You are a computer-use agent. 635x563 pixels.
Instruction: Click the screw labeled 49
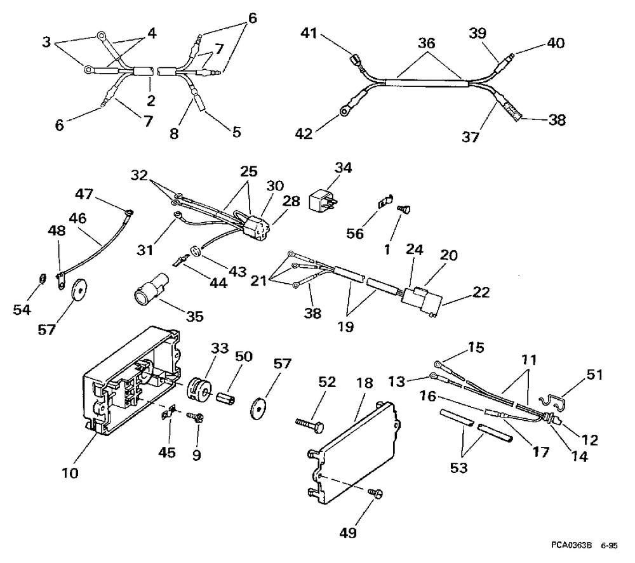(x=374, y=493)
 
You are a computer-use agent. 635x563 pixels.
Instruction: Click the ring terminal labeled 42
(x=345, y=112)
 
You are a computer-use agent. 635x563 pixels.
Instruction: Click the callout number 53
(x=458, y=468)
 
